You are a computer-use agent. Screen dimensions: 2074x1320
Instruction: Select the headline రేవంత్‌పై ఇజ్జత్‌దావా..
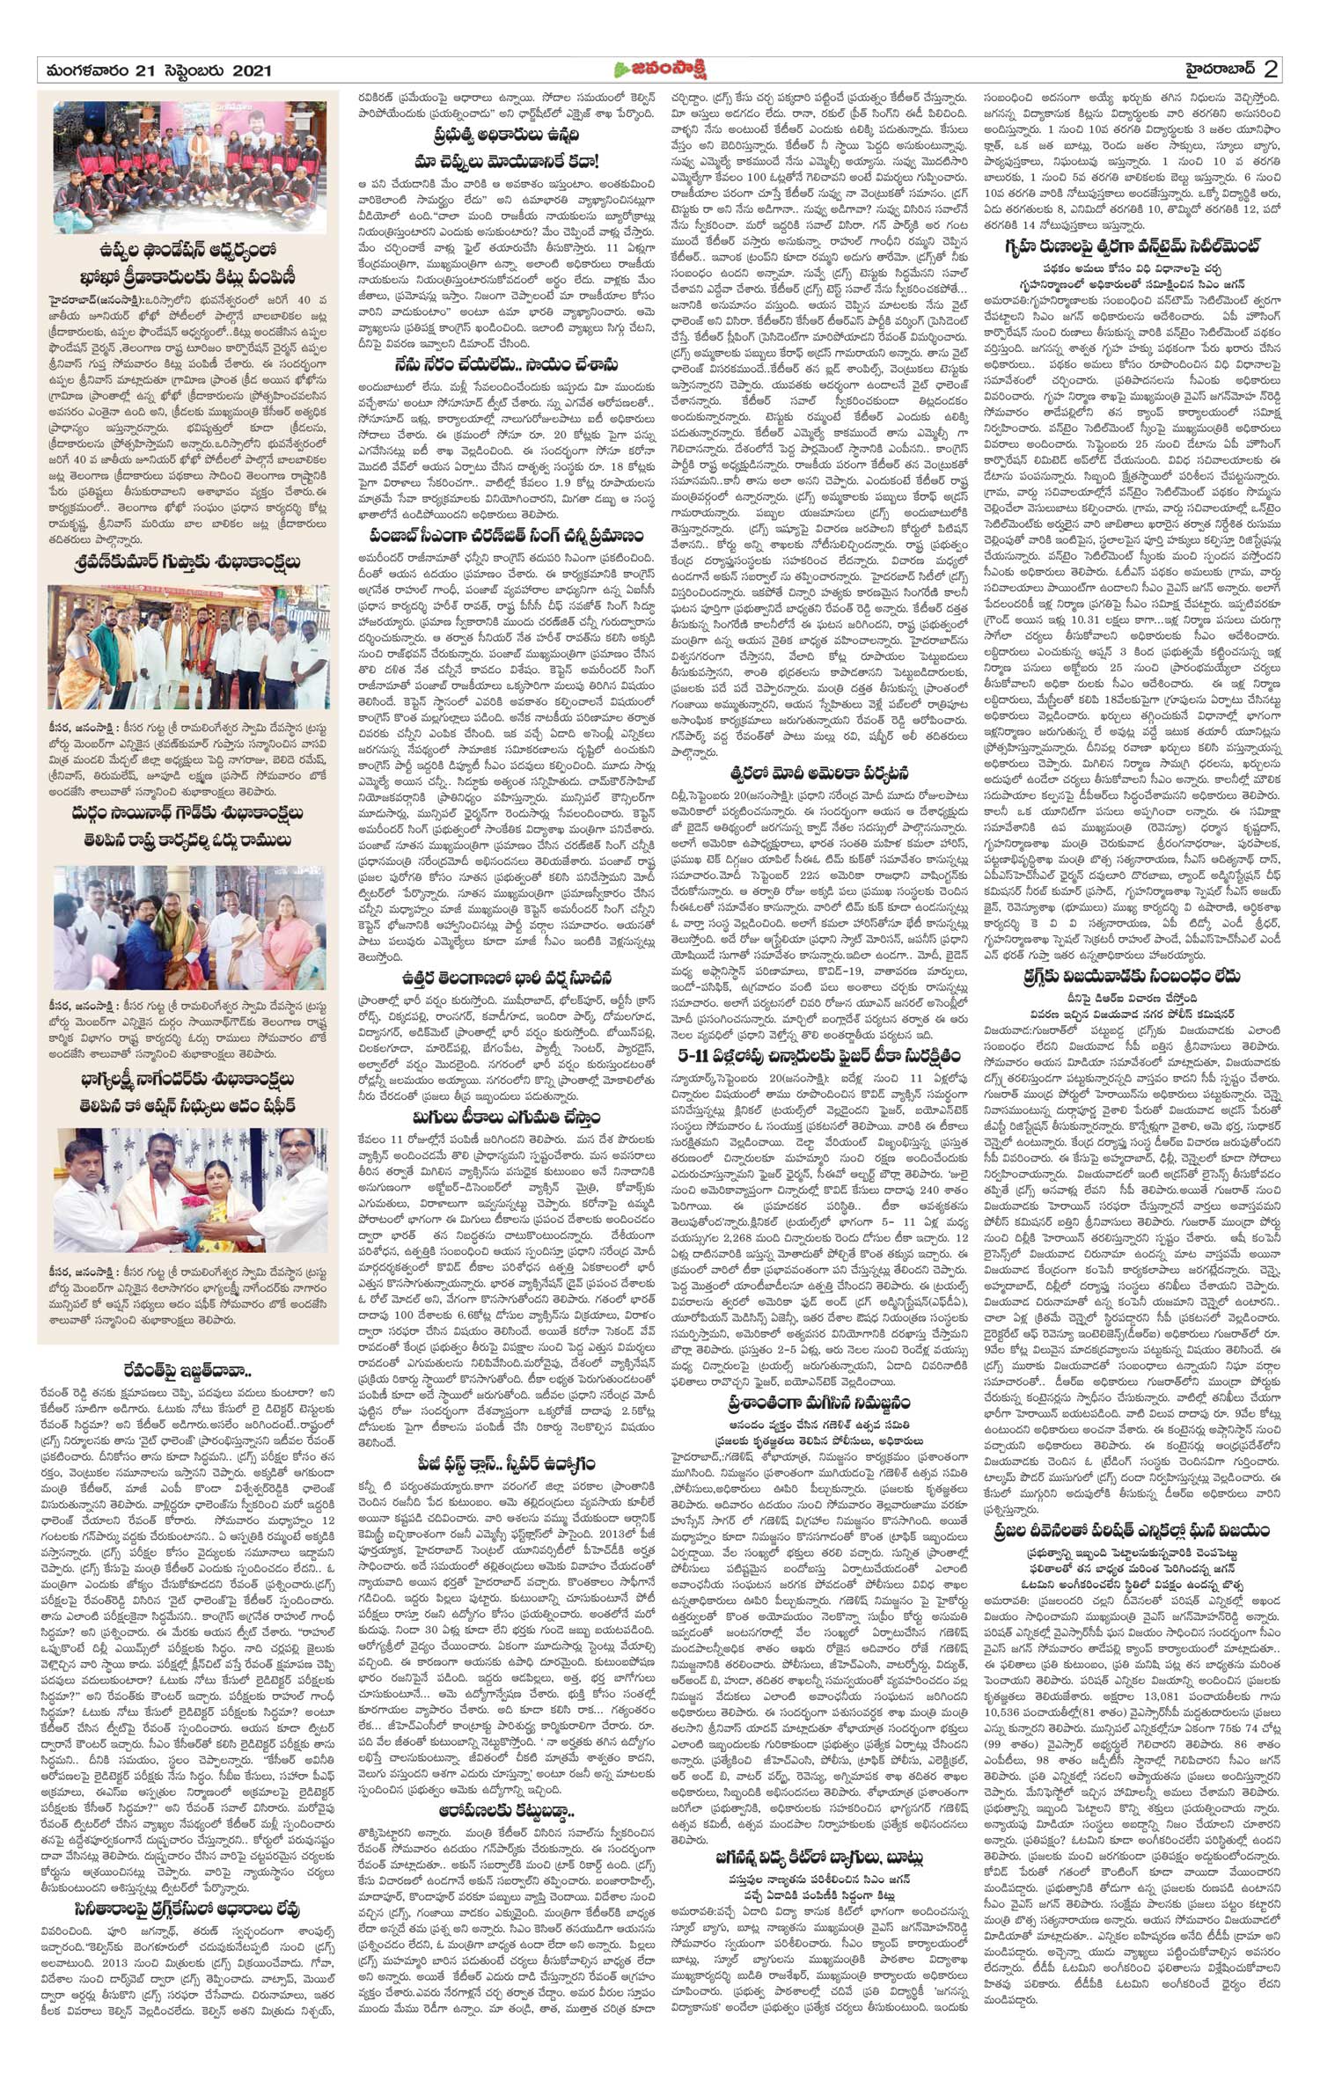tap(187, 1370)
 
